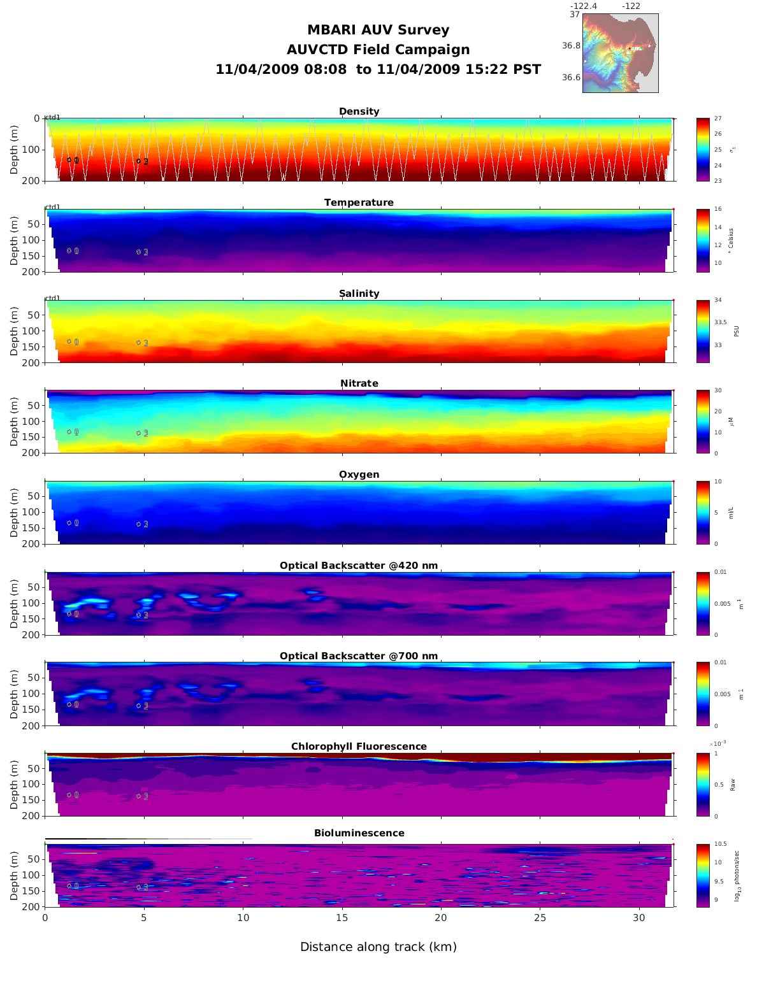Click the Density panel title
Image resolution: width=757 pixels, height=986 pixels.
coord(359,111)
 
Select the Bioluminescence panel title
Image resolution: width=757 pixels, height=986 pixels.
coord(359,833)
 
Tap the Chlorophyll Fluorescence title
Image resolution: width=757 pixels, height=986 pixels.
coord(359,747)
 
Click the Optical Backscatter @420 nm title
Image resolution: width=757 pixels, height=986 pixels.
coord(359,566)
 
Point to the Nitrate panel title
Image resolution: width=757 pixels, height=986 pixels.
coord(359,383)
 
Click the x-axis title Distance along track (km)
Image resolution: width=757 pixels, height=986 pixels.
coord(378,947)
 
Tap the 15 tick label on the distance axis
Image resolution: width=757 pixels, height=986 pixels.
coord(342,918)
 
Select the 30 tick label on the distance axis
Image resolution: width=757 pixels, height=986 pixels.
coord(639,918)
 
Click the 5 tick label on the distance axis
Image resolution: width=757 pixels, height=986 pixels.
coord(144,918)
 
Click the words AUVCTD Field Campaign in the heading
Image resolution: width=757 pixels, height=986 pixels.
coord(378,50)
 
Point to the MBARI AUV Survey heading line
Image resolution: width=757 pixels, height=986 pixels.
coord(378,30)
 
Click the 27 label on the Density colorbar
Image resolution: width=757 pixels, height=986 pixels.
coord(718,118)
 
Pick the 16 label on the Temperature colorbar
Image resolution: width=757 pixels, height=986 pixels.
coord(718,210)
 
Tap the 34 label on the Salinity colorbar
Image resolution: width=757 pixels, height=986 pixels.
coord(718,300)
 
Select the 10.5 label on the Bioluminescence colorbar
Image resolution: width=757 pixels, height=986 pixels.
coord(721,844)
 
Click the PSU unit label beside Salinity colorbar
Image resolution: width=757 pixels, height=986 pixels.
coord(737,331)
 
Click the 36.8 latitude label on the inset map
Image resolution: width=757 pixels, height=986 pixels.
coord(571,46)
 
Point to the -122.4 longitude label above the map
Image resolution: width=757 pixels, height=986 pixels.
coord(583,6)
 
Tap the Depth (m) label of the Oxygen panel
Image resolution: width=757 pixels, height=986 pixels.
coord(14,513)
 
